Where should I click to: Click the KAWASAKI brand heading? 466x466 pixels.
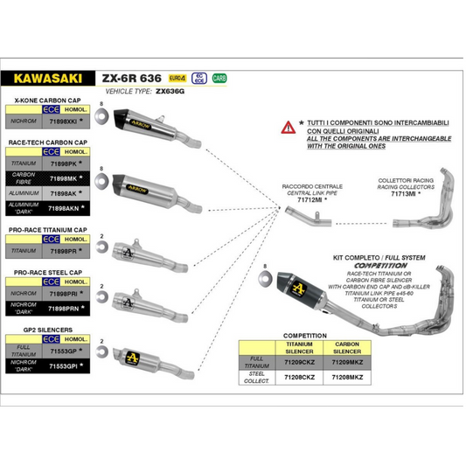pos(43,77)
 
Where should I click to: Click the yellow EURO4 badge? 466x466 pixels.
pos(177,78)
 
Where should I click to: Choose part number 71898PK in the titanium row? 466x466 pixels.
pos(64,163)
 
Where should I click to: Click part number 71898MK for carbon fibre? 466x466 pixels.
pos(64,177)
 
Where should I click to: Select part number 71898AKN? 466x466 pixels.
pos(66,209)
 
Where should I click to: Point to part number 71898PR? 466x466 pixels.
pos(64,250)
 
